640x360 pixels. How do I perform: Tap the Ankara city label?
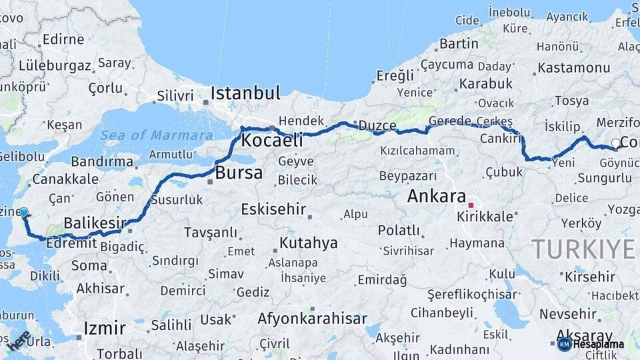[436, 196]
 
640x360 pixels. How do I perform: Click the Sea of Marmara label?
[157, 135]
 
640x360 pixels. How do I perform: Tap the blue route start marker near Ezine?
[24, 213]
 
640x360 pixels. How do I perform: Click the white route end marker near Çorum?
[615, 143]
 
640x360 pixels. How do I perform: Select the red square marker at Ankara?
[471, 205]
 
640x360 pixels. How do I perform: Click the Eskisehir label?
[273, 209]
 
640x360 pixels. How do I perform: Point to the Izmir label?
[105, 328]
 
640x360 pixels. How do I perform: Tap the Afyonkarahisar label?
[312, 319]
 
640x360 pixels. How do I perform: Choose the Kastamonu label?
[573, 68]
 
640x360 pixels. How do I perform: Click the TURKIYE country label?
[583, 249]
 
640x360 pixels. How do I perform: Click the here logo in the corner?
[19, 342]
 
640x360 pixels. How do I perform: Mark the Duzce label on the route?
[377, 125]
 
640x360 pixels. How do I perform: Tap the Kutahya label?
[309, 243]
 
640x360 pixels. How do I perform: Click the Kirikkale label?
[485, 217]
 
